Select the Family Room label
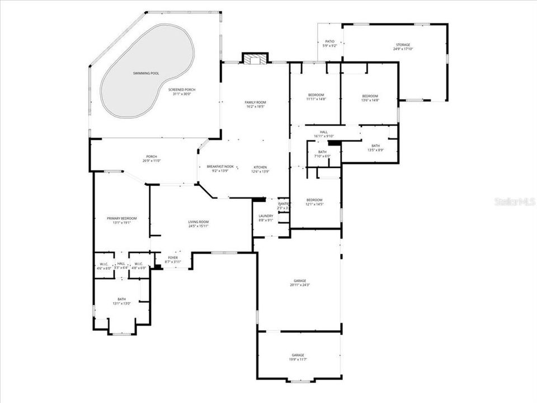tap(255, 104)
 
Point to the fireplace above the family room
tap(255, 58)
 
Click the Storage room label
tap(402, 46)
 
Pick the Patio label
tap(330, 44)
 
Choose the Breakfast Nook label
tap(220, 168)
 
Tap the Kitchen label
tap(260, 169)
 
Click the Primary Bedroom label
tap(122, 220)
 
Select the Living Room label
tap(199, 224)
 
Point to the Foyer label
tap(173, 259)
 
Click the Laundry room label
tap(266, 217)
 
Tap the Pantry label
tap(284, 205)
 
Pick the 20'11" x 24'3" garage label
tap(299, 283)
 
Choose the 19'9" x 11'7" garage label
tap(298, 357)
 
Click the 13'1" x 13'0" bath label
tap(121, 301)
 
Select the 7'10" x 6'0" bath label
tap(322, 154)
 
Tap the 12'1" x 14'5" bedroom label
tap(314, 201)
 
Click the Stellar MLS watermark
tap(515, 201)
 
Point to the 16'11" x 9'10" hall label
tap(324, 134)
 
